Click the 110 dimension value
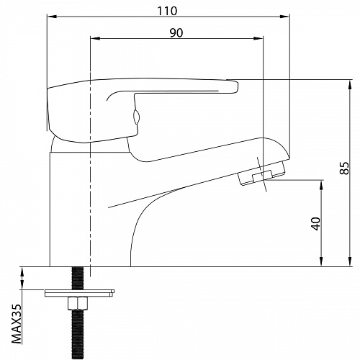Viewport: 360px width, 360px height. [167, 11]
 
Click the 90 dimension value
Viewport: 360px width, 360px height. [176, 33]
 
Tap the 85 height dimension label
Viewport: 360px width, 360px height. [344, 168]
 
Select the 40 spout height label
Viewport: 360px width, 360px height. [316, 224]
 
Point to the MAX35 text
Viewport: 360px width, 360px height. [17, 324]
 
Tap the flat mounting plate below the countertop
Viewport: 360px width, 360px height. [79, 293]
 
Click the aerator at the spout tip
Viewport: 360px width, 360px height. [262, 174]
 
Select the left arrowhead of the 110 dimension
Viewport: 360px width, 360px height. [52, 17]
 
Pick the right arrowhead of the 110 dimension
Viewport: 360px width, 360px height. [284, 17]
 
